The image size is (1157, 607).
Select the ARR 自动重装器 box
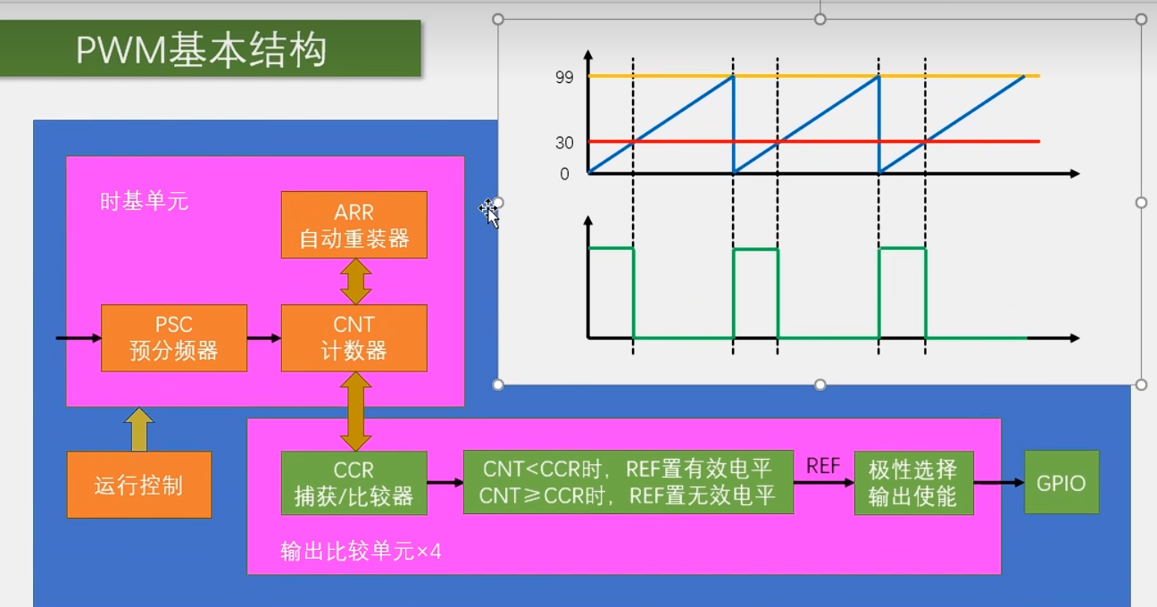354,225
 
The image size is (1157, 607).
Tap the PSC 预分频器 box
173,337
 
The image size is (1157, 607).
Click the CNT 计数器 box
354,337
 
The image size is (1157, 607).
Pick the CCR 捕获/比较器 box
354,483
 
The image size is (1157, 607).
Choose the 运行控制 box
138,485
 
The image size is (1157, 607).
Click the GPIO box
1061,482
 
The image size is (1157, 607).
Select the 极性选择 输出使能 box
912,482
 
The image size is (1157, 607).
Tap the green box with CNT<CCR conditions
628,482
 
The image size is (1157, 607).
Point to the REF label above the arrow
822,466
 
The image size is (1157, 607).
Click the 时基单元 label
144,201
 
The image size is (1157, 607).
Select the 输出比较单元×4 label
361,552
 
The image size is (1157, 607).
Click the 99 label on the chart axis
563,78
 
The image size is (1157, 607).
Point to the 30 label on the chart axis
563,143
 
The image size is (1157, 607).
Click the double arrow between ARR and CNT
354,281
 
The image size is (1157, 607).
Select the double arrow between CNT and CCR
354,412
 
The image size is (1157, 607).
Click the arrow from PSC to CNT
263,338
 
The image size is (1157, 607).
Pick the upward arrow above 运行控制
138,429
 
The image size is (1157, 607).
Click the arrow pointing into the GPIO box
998,483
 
